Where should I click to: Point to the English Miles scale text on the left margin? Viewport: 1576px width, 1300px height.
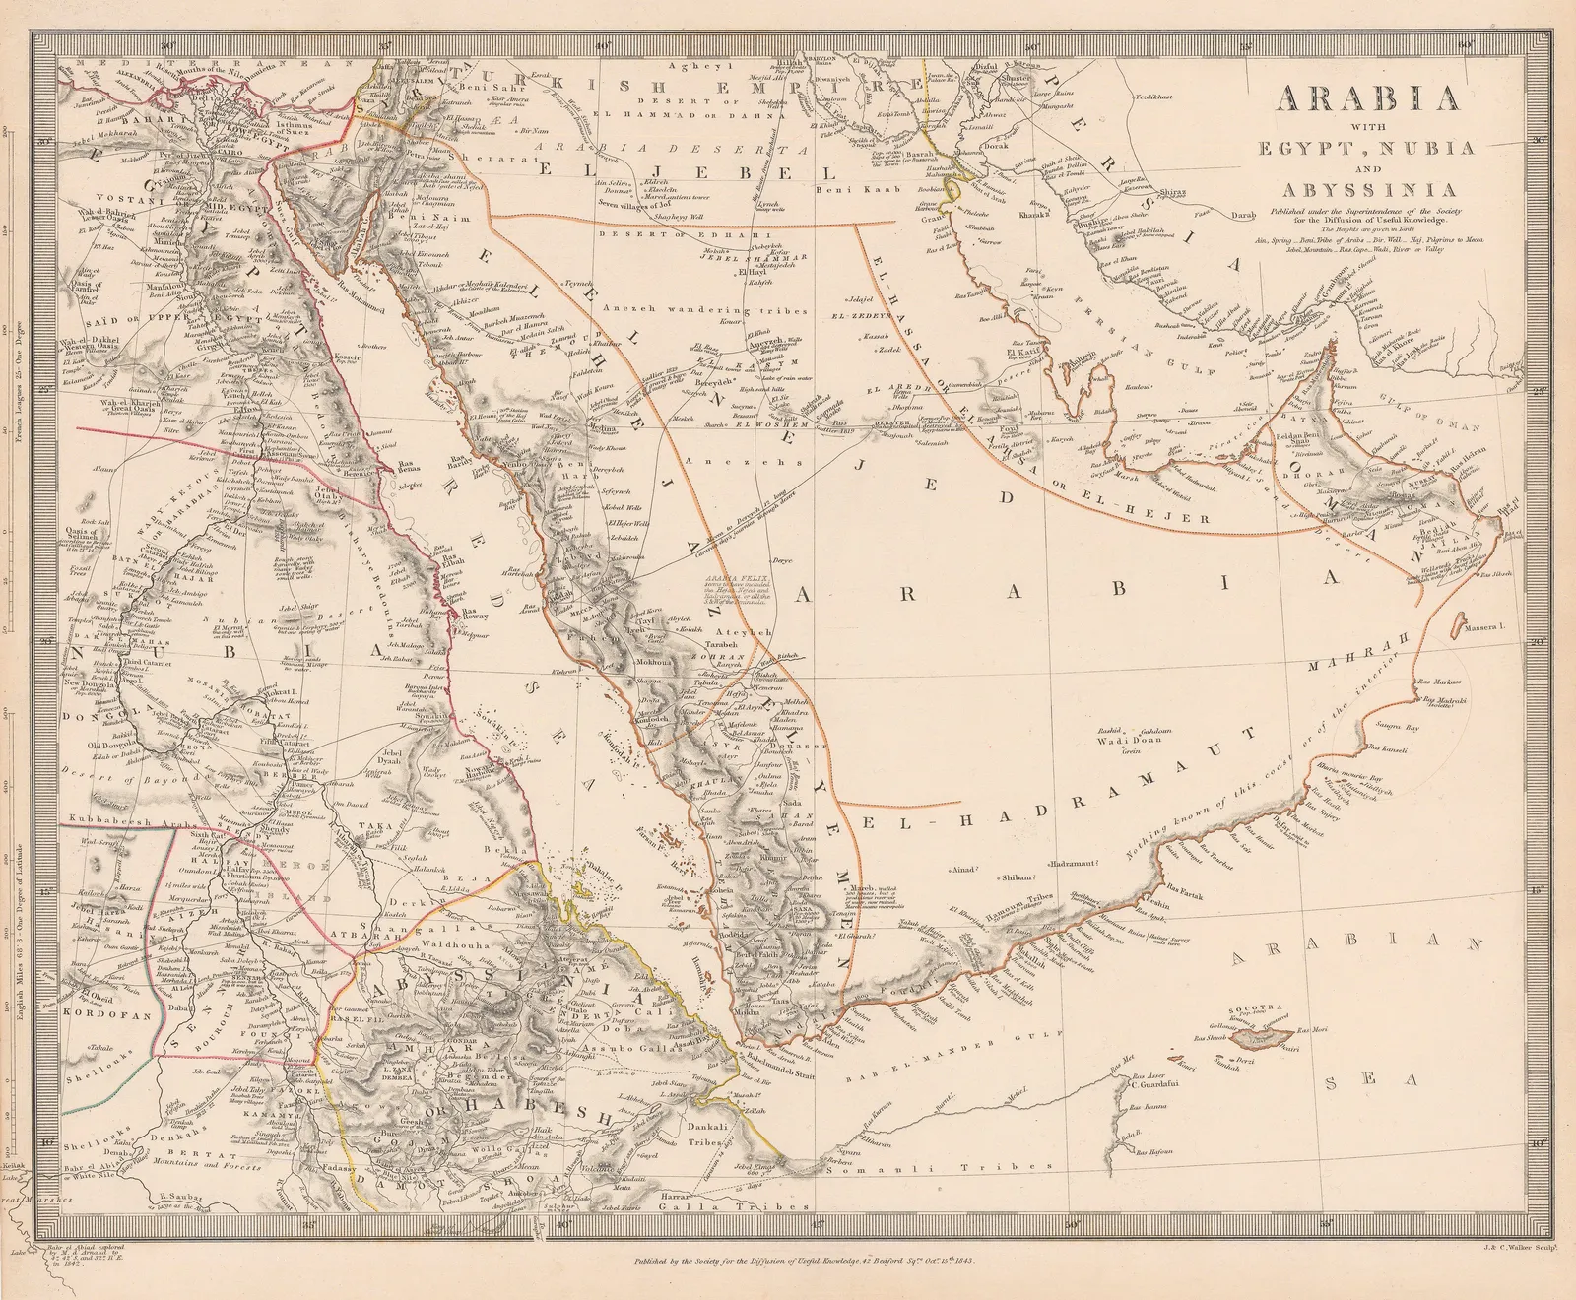(x=21, y=975)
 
